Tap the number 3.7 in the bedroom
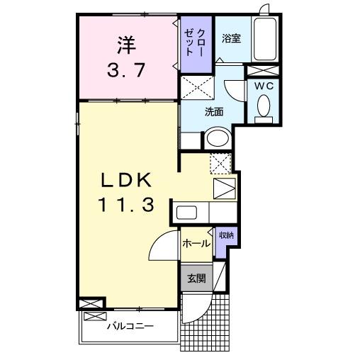126,69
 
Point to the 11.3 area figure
127,206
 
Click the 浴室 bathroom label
231,38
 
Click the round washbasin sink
218,137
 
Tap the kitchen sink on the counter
189,212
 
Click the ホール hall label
196,244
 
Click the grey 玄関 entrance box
196,279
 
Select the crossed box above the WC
263,69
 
